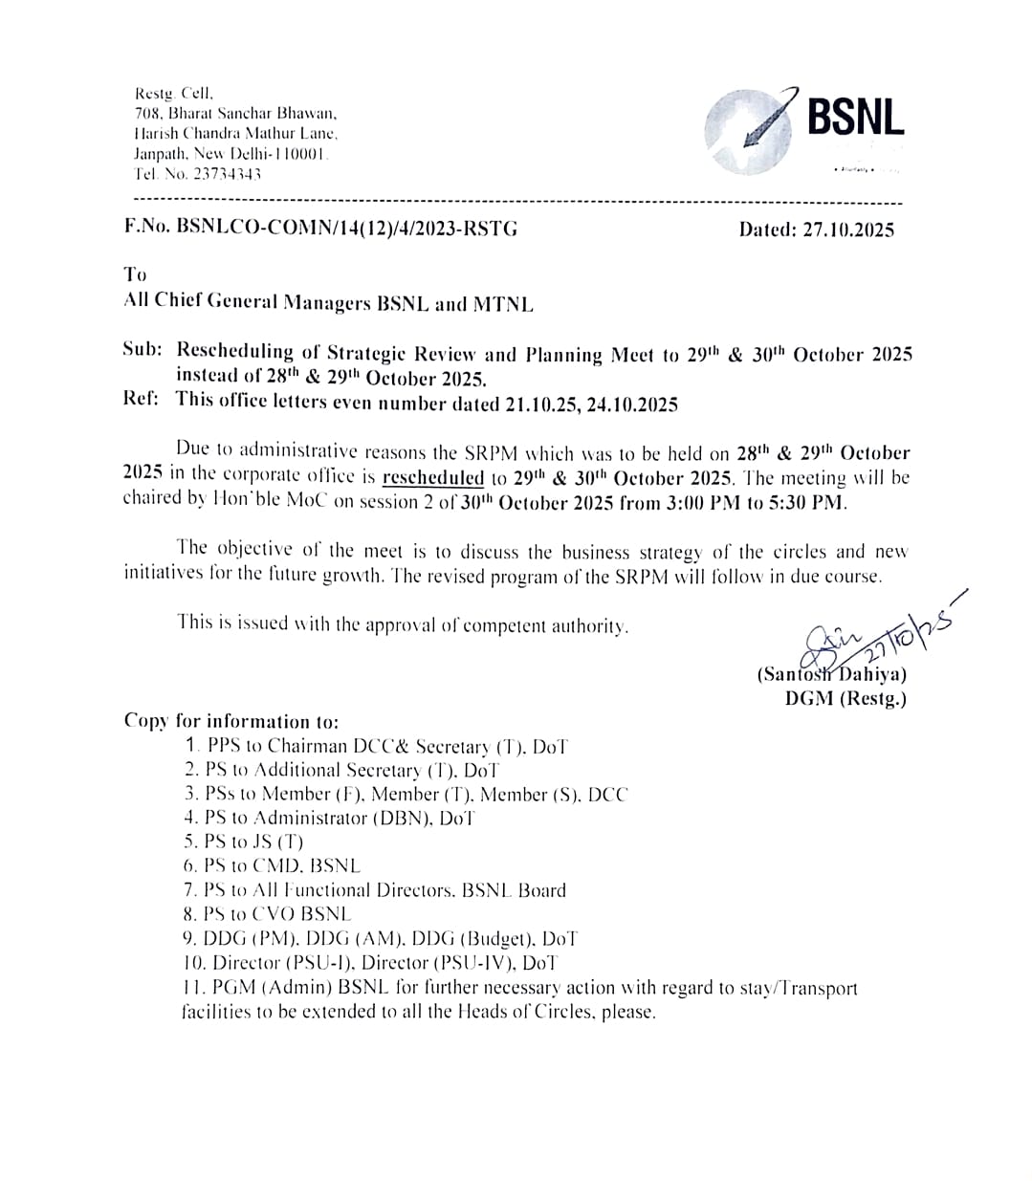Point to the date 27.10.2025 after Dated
(x=848, y=230)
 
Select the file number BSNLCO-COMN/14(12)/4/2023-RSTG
(x=346, y=228)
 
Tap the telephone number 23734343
(x=227, y=175)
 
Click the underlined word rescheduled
(x=432, y=477)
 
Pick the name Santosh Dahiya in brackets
(x=832, y=674)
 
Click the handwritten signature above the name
(x=870, y=636)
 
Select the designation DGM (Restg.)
(x=845, y=698)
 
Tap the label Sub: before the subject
(x=143, y=349)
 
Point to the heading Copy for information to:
(x=231, y=721)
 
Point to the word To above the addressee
(x=135, y=274)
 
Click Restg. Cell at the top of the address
(x=174, y=95)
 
